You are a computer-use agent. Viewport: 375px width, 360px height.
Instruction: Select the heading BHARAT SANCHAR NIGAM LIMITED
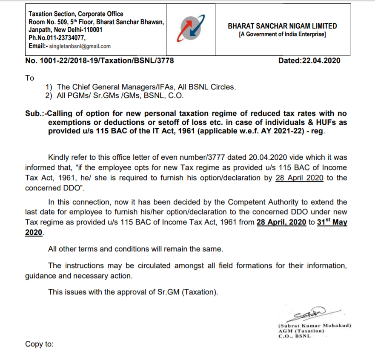(x=282, y=26)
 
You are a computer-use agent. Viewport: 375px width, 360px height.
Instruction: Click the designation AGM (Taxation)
(x=301, y=331)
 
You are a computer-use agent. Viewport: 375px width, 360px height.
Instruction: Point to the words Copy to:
(x=40, y=344)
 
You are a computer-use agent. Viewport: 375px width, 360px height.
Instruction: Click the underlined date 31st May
(x=332, y=222)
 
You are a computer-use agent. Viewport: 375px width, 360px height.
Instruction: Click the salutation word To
(x=30, y=78)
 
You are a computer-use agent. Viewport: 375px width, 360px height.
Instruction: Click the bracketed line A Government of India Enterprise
(x=282, y=34)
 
